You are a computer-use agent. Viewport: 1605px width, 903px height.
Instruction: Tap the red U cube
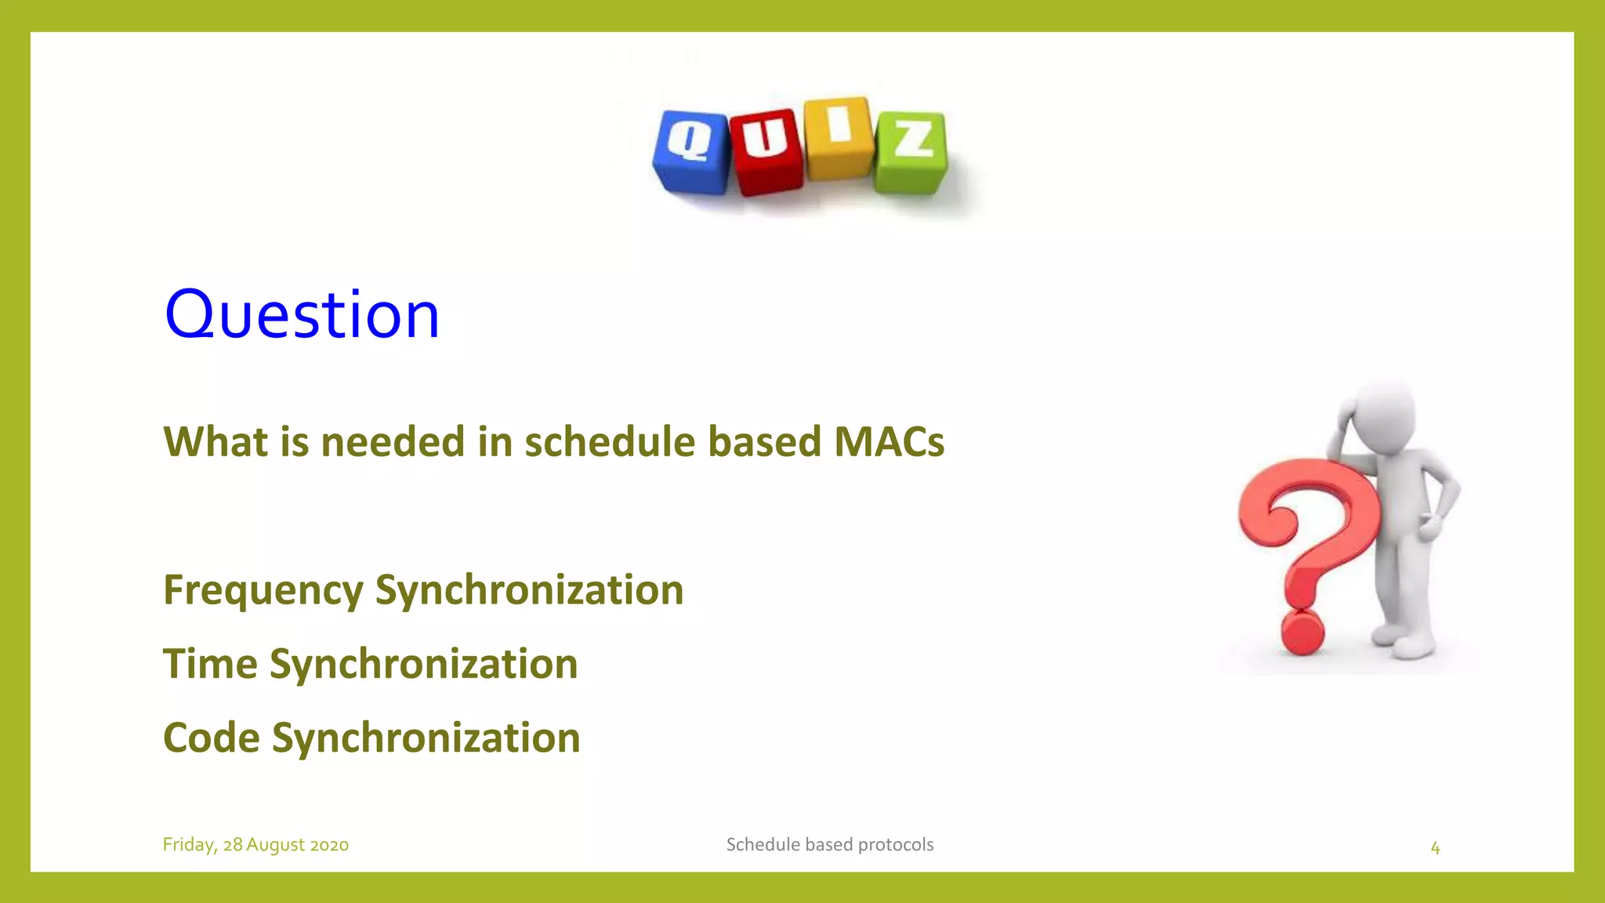point(766,150)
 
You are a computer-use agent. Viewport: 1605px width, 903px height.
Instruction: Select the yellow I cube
point(838,137)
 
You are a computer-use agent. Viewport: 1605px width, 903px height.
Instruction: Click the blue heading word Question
point(302,315)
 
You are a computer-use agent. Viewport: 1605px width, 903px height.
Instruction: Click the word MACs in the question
point(889,441)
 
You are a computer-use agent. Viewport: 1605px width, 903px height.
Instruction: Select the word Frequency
point(263,590)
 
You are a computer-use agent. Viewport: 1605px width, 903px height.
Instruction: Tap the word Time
point(210,664)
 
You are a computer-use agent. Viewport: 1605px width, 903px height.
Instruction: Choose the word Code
point(212,738)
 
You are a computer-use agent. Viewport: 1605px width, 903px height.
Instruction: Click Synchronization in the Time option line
point(423,664)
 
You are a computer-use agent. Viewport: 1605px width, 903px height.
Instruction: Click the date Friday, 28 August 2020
point(255,845)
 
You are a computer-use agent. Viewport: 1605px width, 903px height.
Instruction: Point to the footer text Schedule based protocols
point(829,845)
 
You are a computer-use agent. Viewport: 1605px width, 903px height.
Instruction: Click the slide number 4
point(1435,847)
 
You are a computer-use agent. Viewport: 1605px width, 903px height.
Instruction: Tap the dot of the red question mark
point(1302,633)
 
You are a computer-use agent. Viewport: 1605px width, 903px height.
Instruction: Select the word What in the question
point(215,441)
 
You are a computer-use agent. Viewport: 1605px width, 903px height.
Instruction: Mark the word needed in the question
point(393,441)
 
